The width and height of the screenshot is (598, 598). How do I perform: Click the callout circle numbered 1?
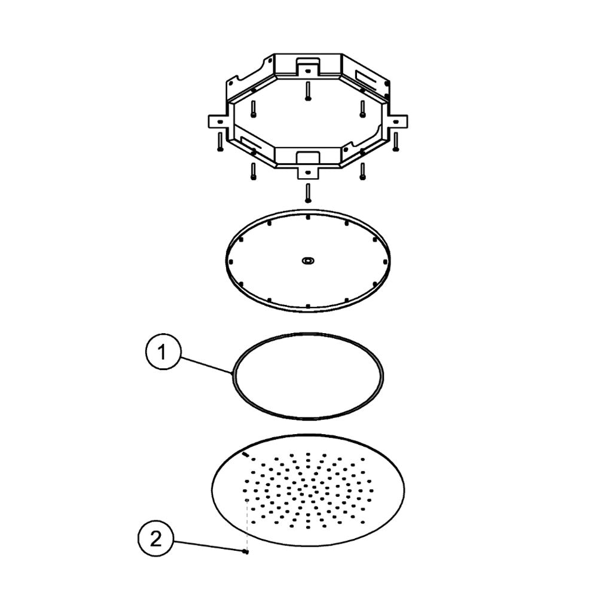click(162, 352)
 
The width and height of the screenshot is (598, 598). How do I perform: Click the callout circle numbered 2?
click(155, 539)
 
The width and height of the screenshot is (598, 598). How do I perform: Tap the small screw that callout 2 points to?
click(246, 551)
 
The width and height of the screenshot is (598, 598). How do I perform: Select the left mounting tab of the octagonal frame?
click(218, 121)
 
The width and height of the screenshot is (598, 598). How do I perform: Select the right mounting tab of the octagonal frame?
click(398, 121)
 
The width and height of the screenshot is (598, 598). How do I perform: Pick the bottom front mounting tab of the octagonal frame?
click(308, 173)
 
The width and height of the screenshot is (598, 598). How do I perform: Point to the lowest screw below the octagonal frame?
click(308, 193)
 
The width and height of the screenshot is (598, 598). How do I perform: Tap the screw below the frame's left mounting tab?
click(219, 142)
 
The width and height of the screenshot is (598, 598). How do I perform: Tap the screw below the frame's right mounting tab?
click(395, 142)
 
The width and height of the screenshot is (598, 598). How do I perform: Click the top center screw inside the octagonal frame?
click(308, 91)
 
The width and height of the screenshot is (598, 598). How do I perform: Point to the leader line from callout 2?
click(208, 546)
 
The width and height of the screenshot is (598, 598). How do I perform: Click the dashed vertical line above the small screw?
click(247, 524)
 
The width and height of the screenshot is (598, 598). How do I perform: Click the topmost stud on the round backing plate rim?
click(308, 218)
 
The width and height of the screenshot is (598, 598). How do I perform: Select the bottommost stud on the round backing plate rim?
click(308, 306)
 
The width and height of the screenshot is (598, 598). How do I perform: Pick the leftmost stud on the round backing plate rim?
click(231, 262)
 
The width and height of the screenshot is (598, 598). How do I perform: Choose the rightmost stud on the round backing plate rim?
click(385, 262)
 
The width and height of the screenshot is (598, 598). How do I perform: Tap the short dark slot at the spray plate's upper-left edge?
click(246, 454)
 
